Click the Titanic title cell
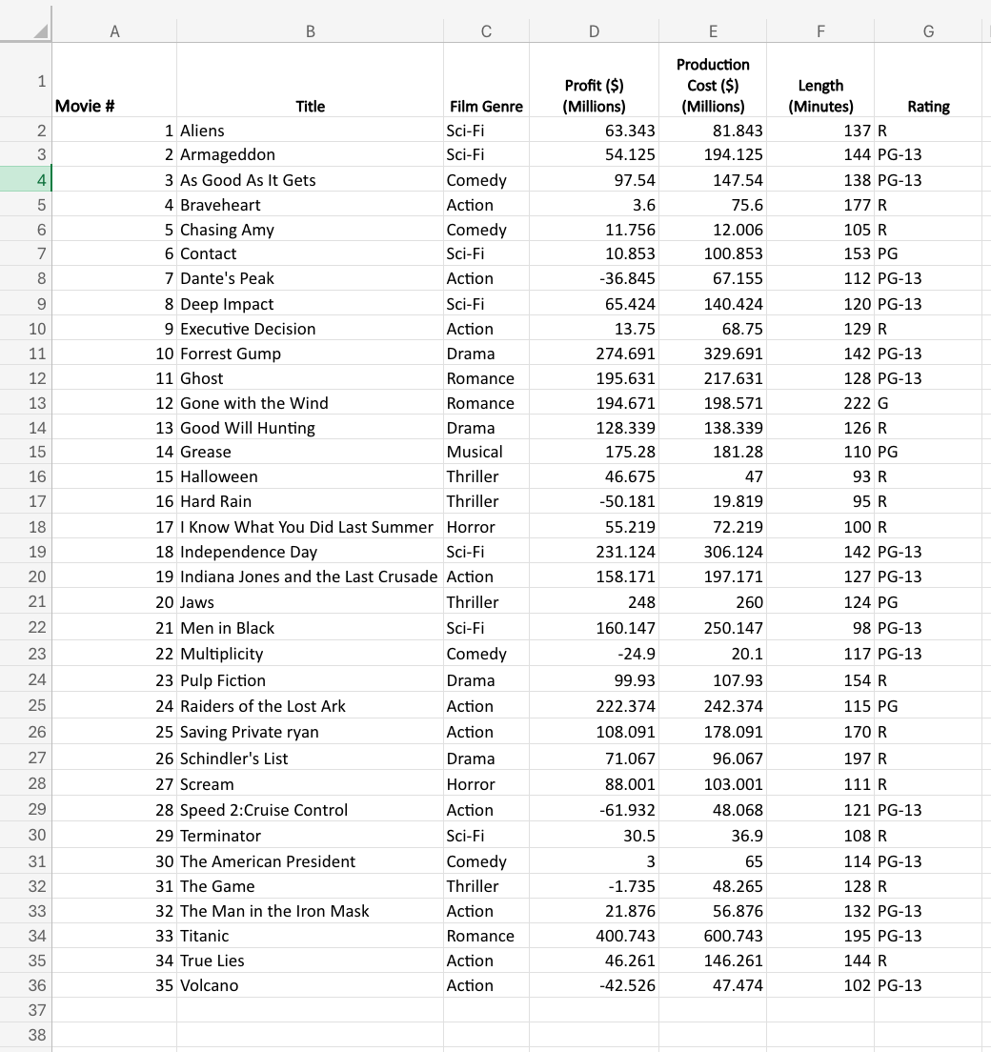205,936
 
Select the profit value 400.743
625,936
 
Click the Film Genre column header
486,107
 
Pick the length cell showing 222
857,403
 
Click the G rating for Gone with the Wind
881,403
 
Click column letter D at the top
594,30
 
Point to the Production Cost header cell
713,86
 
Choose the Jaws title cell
197,602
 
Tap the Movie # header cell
85,107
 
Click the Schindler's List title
234,759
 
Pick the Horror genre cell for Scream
471,784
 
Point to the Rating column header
927,107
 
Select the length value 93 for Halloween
860,476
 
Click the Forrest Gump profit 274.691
625,354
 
